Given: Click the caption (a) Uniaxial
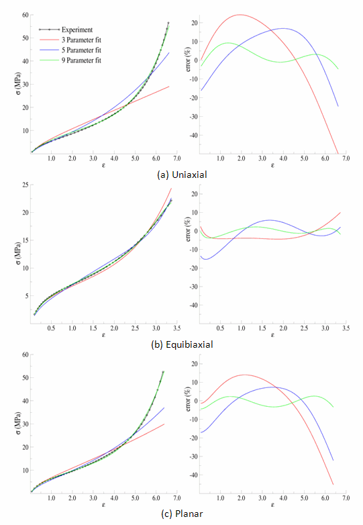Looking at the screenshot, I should [x=178, y=173].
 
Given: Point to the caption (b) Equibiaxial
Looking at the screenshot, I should [x=182, y=345].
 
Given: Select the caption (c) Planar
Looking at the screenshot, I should [x=182, y=515].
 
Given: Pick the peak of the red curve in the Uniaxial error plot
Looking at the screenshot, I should [x=239, y=15].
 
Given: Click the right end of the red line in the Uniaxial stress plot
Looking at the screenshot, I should [x=169, y=86].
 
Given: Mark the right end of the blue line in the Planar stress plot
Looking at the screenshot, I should [x=164, y=408].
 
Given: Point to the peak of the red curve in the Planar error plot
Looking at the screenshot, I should [x=244, y=375].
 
